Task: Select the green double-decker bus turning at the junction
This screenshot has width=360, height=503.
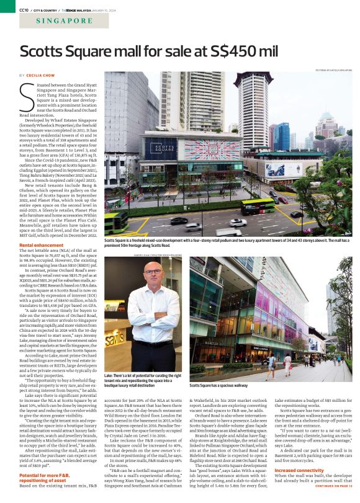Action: pos(257,205)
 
